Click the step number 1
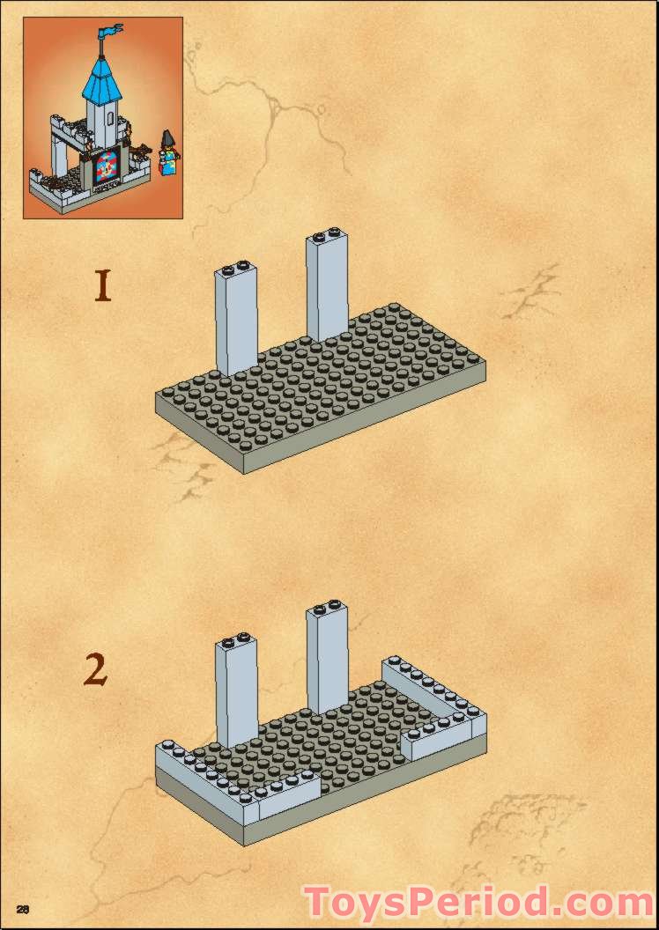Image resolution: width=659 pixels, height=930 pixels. point(103,286)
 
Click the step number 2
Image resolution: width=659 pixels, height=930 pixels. point(95,670)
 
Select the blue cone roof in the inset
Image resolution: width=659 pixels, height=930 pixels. point(101,79)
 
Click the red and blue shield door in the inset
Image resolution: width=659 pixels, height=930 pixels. point(107,167)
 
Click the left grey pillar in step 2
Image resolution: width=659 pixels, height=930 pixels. point(236,696)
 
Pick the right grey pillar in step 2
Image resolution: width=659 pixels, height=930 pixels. point(327,661)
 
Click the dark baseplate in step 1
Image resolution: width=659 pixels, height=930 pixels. point(335,387)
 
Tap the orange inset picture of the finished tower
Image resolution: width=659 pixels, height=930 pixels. point(102,117)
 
